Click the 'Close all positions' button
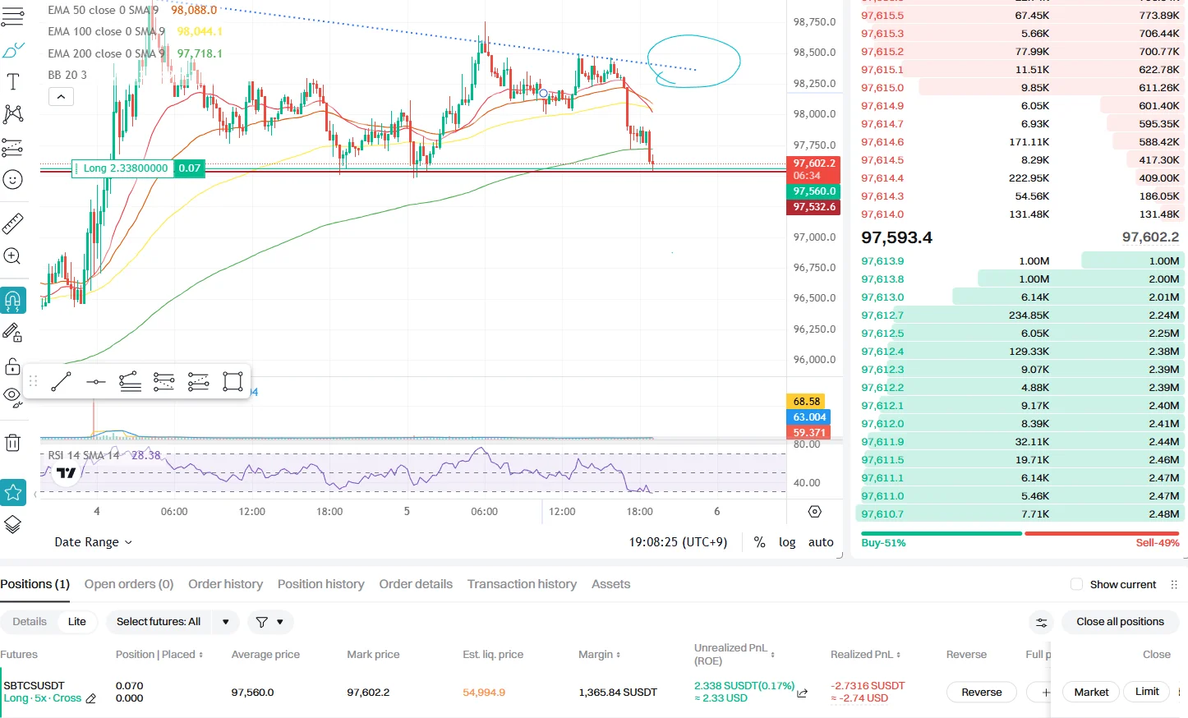tap(1120, 622)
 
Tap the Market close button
tap(1091, 692)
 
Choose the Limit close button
tap(1147, 692)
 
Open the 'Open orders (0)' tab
tap(129, 584)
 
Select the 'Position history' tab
tap(320, 584)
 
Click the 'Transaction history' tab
tap(522, 584)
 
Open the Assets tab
tap(610, 584)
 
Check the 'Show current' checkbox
tap(1076, 585)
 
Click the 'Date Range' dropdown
tap(93, 542)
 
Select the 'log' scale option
tap(787, 542)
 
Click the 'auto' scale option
tap(821, 542)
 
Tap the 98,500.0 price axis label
tap(814, 53)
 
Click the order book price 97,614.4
tap(882, 178)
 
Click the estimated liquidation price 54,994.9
tap(484, 693)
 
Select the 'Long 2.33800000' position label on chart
tap(125, 168)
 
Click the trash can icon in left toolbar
tap(13, 443)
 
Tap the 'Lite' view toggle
tap(77, 622)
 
